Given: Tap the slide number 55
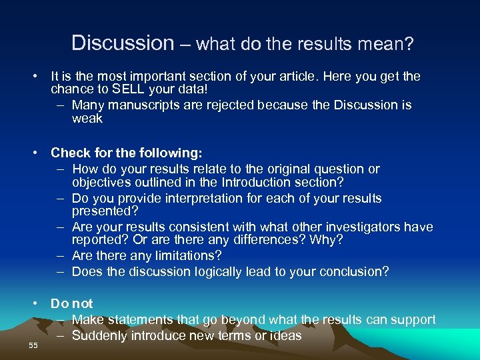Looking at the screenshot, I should coord(33,345).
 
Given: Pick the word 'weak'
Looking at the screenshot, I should coord(87,119).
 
